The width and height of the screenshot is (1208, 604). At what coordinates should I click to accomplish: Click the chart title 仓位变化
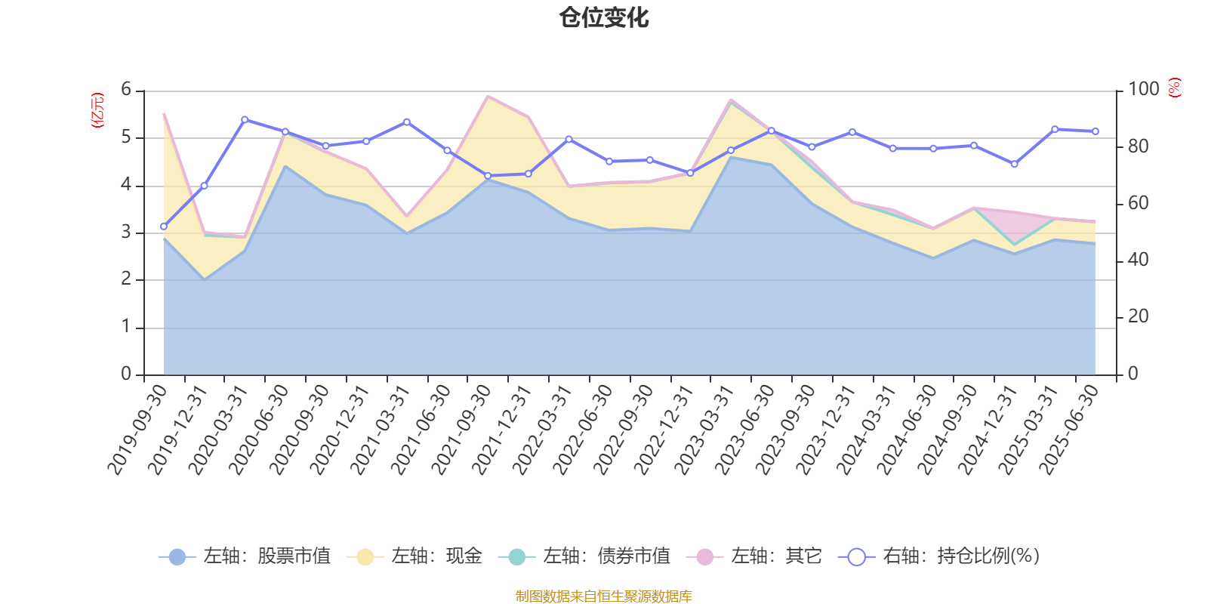pos(604,17)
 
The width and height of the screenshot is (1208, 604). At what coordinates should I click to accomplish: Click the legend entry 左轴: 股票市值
pos(245,557)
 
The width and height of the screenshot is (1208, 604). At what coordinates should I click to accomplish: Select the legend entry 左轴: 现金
pos(414,557)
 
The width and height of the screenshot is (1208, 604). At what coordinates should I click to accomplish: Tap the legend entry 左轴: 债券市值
pos(584,557)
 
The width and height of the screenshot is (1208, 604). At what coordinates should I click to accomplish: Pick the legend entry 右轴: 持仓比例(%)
pos(939,557)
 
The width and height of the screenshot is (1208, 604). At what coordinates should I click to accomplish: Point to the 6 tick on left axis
pos(126,90)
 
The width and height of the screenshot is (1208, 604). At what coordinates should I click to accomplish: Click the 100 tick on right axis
pos(1143,90)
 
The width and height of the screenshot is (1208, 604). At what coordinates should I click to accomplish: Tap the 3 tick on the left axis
pos(126,233)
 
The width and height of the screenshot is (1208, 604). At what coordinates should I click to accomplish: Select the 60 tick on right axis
pos(1138,204)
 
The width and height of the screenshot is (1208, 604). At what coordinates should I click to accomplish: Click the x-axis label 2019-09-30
pos(137,429)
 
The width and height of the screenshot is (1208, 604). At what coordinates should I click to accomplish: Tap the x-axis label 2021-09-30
pos(461,429)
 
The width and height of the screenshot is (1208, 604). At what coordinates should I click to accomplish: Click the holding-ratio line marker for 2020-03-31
pos(245,119)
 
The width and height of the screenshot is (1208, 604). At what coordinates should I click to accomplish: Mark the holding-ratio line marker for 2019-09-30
pos(164,226)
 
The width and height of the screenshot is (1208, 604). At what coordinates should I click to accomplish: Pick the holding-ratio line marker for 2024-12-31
pos(1014,164)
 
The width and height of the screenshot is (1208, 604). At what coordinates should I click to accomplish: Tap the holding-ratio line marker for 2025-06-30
pos(1096,131)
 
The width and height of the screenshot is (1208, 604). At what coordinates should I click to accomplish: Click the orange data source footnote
pos(603,596)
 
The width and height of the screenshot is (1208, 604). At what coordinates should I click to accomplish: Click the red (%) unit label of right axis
pos(1174,88)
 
